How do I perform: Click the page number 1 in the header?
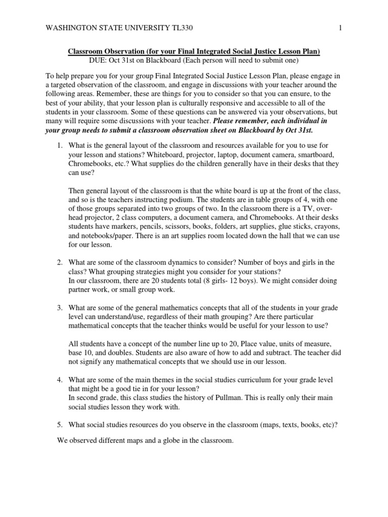341,27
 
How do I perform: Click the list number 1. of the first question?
59,132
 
